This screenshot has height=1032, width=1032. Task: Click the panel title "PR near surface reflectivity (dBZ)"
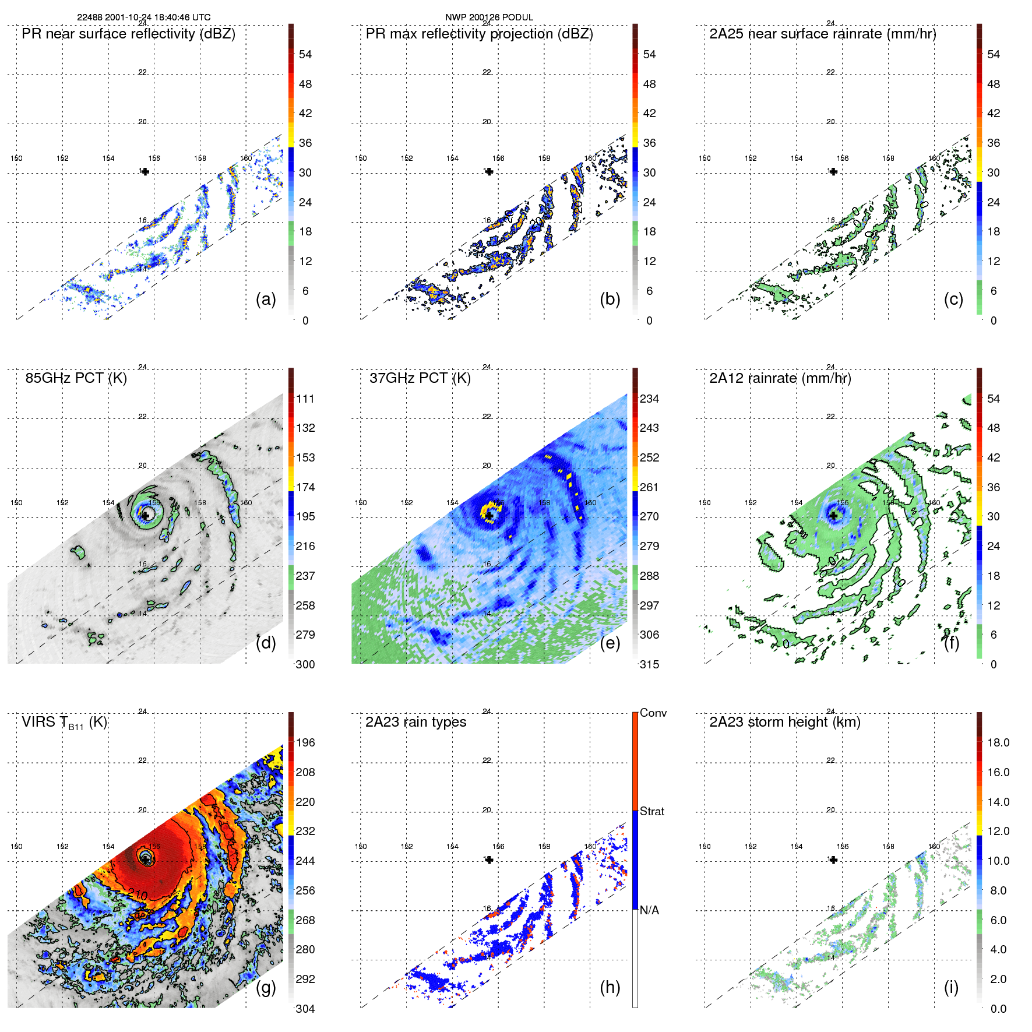(x=128, y=34)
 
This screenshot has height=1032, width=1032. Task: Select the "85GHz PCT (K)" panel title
(x=76, y=378)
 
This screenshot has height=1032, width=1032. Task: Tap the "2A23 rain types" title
(x=415, y=722)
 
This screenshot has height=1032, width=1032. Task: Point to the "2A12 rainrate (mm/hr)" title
(x=780, y=378)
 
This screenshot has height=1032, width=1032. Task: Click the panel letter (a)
(x=266, y=300)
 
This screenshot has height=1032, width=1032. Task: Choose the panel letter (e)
(x=610, y=643)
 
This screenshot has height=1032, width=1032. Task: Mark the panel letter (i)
(x=951, y=987)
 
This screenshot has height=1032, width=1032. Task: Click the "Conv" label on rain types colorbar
(x=653, y=713)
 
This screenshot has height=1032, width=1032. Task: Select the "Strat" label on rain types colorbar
(x=651, y=811)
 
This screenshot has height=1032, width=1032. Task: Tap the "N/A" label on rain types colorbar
(x=649, y=910)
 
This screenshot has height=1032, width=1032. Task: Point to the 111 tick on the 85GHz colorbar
(x=305, y=399)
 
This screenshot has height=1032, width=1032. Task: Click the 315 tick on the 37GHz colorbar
(x=649, y=664)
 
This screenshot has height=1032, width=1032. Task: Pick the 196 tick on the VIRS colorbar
(x=305, y=743)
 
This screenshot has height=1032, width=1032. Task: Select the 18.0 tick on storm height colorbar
(x=998, y=743)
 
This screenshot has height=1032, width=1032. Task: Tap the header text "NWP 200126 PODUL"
(x=489, y=17)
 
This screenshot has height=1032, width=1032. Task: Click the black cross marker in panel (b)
(x=489, y=171)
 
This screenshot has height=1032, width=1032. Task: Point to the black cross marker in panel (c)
(x=833, y=171)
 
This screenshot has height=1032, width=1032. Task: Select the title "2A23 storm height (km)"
(x=784, y=722)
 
